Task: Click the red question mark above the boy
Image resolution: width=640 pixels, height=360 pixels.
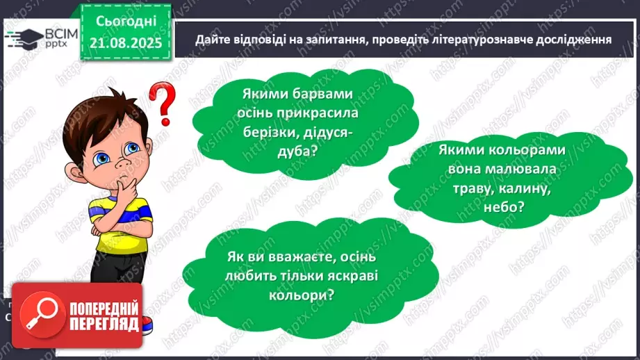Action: (161, 102)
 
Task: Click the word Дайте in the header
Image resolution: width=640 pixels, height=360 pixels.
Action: (211, 39)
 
